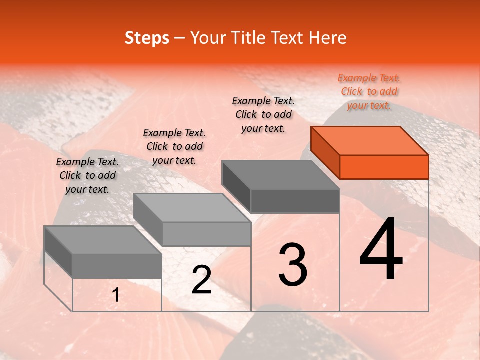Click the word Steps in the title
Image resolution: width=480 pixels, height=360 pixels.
click(147, 38)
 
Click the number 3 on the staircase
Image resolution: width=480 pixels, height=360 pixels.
click(293, 265)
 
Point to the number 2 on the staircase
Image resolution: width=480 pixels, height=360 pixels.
click(201, 280)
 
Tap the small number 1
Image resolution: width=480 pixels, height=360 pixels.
click(116, 295)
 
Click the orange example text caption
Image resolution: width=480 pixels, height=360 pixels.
click(369, 91)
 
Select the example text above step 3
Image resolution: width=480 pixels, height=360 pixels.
click(263, 114)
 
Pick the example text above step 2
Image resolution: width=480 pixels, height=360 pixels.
click(174, 146)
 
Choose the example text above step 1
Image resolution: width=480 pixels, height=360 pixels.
click(87, 175)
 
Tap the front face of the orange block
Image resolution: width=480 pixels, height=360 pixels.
click(384, 167)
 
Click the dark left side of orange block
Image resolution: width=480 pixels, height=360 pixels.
click(325, 153)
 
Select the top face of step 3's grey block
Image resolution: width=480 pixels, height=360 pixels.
click(280, 175)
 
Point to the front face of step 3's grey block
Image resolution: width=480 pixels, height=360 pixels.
click(295, 201)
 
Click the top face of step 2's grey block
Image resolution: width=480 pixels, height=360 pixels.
click(192, 208)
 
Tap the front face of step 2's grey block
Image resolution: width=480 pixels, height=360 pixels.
click(206, 234)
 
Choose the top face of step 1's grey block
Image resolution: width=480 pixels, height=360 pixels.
click(102, 240)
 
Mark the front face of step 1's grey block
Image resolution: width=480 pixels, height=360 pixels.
click(117, 266)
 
